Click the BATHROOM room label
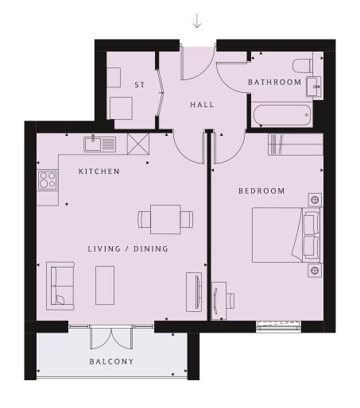[x=274, y=82]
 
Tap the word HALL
[x=202, y=105]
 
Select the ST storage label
[x=140, y=85]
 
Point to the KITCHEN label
[x=99, y=171]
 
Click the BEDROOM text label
[x=261, y=191]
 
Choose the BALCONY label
[x=111, y=361]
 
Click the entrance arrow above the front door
[x=197, y=21]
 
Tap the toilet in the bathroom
[x=303, y=66]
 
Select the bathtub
[x=282, y=115]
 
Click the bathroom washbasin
[x=314, y=87]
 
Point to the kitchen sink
[x=100, y=144]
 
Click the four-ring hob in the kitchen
[x=48, y=180]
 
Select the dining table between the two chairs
[x=165, y=219]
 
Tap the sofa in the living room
[x=60, y=286]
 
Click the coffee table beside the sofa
[x=105, y=285]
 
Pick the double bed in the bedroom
[x=285, y=235]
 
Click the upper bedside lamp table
[x=315, y=200]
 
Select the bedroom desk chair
[x=230, y=301]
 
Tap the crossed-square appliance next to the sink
[x=138, y=144]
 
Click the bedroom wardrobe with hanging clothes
[x=296, y=144]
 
